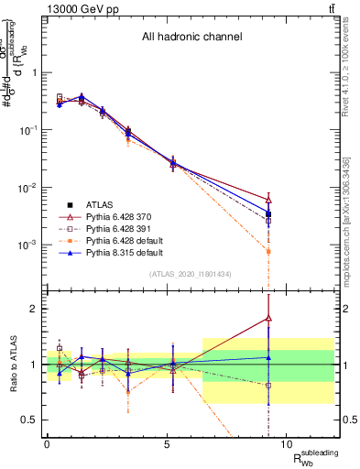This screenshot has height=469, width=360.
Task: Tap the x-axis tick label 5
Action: pyautogui.click(x=167, y=443)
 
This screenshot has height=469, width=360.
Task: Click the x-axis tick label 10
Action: pyautogui.click(x=286, y=443)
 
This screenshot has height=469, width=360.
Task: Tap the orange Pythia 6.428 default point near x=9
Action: pyautogui.click(x=268, y=251)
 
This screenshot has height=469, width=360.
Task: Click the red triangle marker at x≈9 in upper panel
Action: pyautogui.click(x=268, y=199)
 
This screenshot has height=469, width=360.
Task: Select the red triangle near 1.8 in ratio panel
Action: pyautogui.click(x=268, y=318)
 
